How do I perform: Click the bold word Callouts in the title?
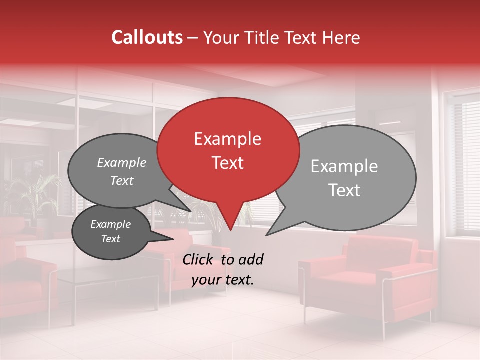coord(147,37)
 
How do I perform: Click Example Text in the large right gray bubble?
coord(344,178)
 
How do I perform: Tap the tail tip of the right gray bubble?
coord(267,235)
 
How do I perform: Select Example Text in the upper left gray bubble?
coord(122,171)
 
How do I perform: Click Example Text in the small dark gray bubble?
coord(110,231)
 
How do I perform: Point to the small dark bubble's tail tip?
coord(173,239)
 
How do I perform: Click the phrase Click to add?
coord(223,259)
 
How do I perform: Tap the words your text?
coord(223,280)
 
